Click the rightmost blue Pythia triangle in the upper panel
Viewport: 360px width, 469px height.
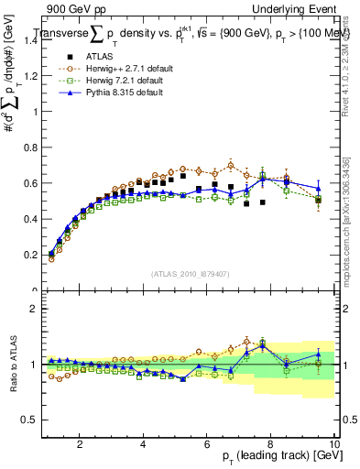coord(318,188)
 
